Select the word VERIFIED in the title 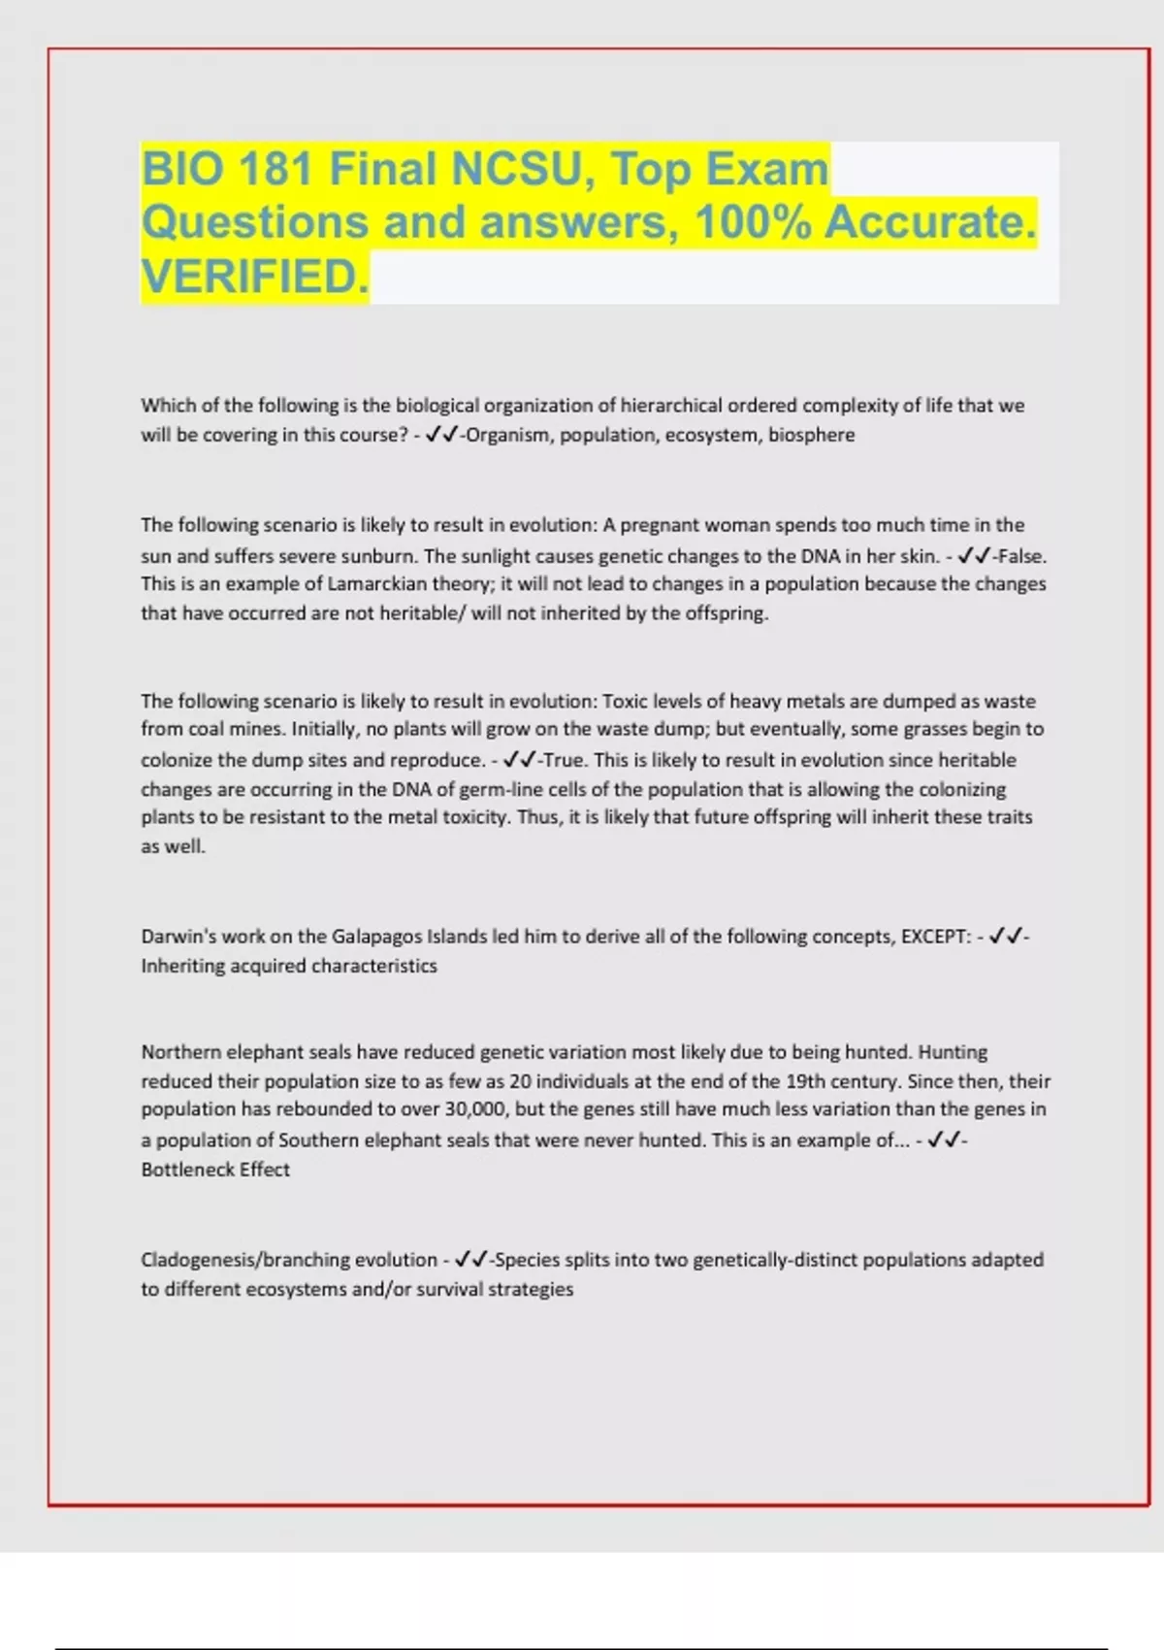point(254,277)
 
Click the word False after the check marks point(1021,556)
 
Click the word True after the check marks point(566,760)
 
